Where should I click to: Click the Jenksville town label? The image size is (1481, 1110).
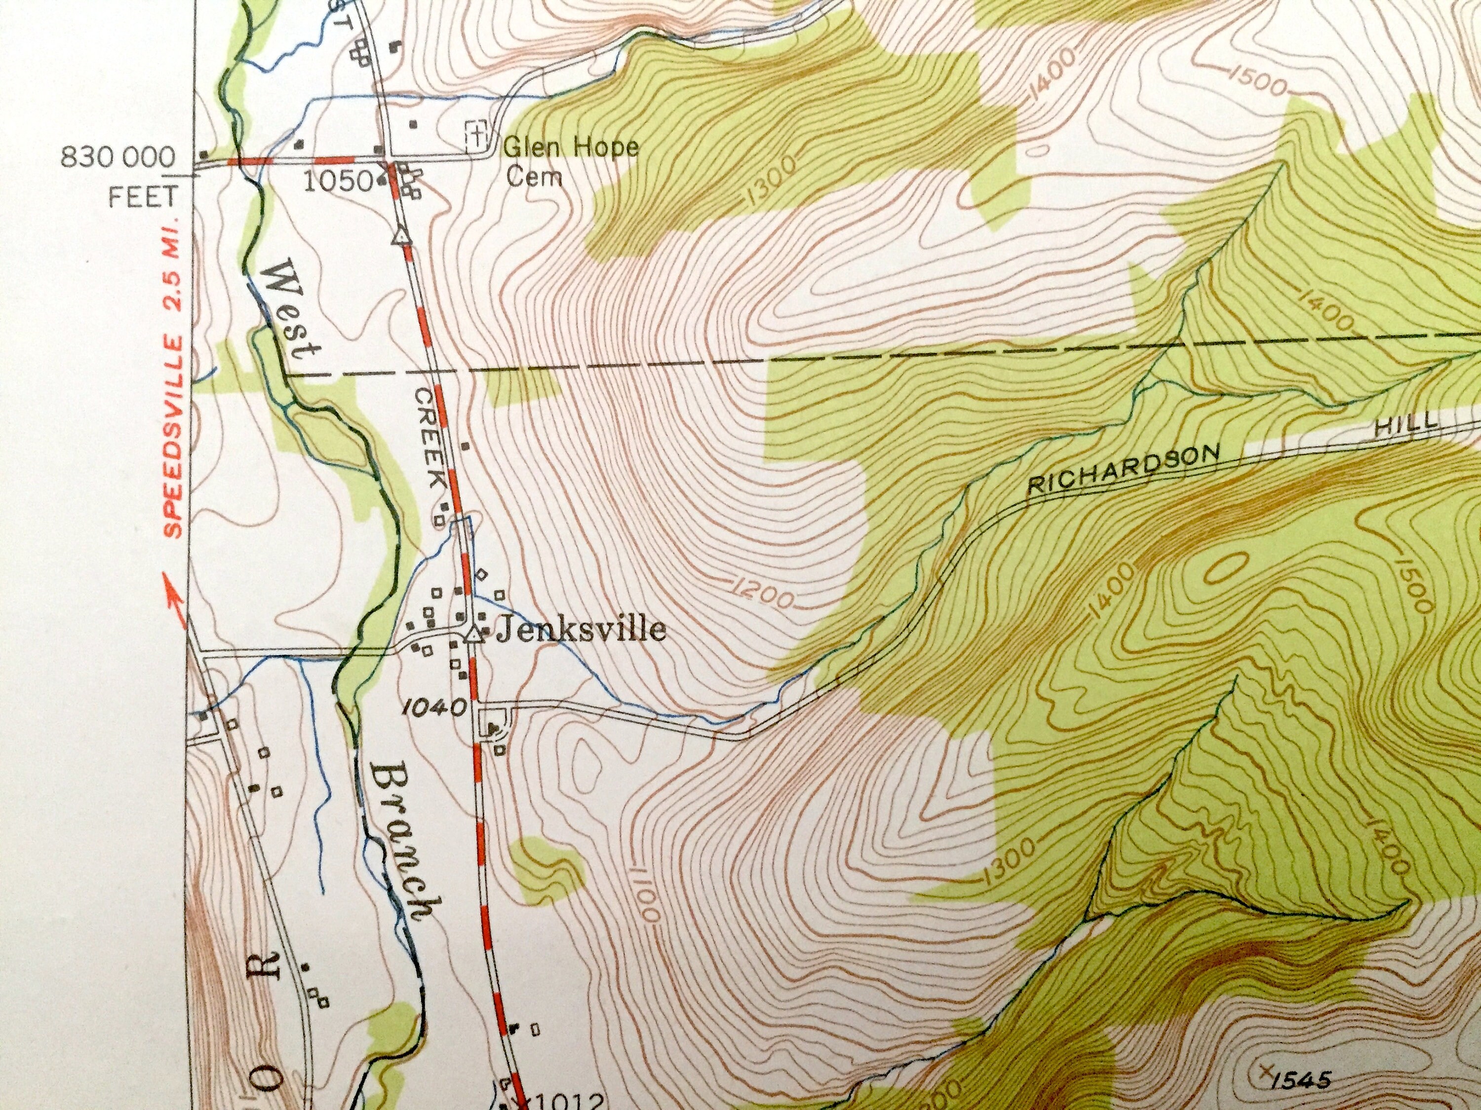tap(581, 629)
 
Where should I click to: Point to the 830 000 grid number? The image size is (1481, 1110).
tap(118, 158)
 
